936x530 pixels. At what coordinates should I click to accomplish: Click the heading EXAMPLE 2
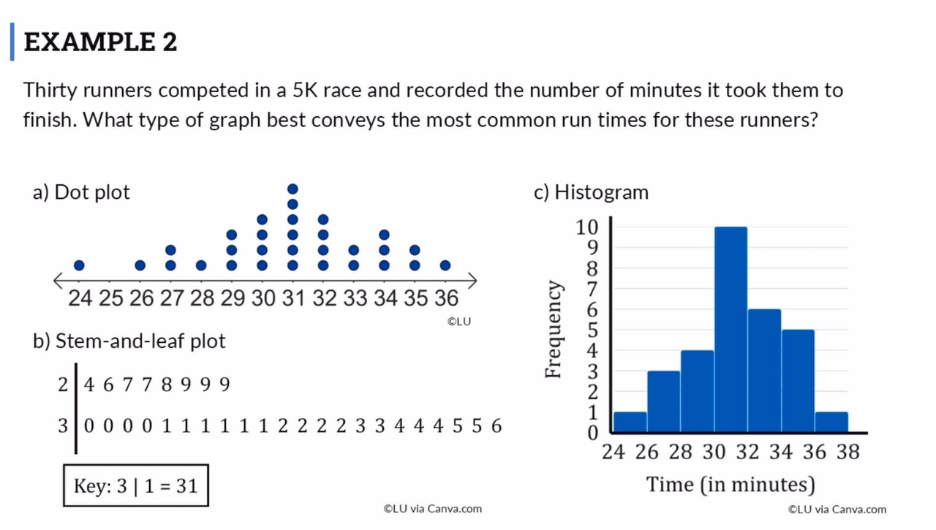[100, 42]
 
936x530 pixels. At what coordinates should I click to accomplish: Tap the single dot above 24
[79, 265]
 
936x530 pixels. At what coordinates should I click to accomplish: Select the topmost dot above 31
[292, 189]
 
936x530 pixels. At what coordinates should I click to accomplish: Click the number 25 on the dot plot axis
[110, 298]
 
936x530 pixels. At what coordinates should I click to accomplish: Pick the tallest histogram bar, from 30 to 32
[731, 329]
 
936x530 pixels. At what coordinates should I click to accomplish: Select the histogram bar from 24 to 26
[630, 422]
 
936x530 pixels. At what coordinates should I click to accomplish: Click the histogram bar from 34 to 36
[798, 380]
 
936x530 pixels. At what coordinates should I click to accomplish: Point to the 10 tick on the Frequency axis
[587, 227]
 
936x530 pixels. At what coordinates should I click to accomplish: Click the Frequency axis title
[554, 330]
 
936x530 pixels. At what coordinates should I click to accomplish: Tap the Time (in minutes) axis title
[730, 484]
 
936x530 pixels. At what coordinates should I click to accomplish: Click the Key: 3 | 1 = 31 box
[136, 486]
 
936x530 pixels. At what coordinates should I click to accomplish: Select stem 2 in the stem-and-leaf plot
[63, 385]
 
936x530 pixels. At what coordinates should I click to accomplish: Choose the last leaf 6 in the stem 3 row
[497, 426]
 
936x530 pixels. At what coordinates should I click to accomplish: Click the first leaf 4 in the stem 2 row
[89, 385]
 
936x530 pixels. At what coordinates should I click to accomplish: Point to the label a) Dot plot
[81, 192]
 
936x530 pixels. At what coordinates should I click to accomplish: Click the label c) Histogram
[591, 192]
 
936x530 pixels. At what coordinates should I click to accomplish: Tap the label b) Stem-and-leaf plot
[129, 341]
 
